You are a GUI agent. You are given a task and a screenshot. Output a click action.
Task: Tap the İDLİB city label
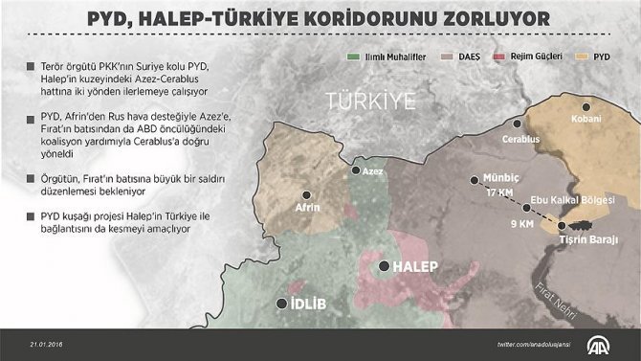point(308,305)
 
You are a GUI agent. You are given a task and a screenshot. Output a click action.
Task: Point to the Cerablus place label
point(521,140)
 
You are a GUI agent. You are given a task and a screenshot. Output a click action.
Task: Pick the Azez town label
point(371,170)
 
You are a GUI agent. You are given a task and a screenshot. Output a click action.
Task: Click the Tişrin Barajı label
point(587,238)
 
